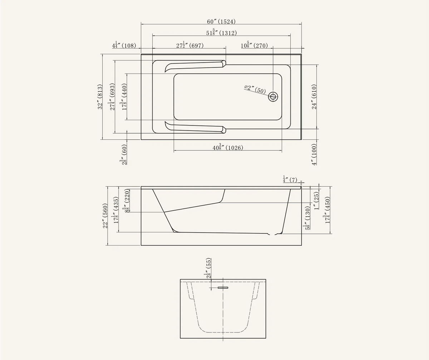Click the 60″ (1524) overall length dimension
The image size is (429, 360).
click(221, 21)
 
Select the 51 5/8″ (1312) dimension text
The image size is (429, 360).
click(222, 33)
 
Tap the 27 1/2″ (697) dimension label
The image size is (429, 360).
click(190, 45)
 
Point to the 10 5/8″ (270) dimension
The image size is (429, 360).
click(254, 45)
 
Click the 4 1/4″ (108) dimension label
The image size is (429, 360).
click(124, 45)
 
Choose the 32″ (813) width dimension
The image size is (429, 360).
click(100, 97)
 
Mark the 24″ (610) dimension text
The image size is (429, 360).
click(314, 97)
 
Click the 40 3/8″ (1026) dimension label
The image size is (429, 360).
click(228, 147)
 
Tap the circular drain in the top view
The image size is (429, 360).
click(273, 96)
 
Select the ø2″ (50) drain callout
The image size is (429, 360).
click(255, 90)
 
